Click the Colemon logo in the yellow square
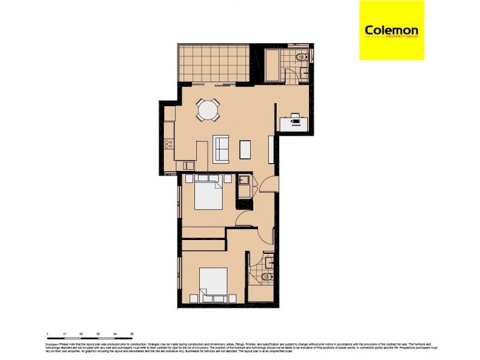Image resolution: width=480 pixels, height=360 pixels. tap(391, 30)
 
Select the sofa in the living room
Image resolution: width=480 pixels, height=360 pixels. tap(221, 149)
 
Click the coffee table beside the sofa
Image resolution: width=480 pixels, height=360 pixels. tap(245, 149)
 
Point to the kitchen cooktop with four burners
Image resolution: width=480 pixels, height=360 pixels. tap(169, 144)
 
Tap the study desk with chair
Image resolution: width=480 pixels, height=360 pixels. tap(295, 121)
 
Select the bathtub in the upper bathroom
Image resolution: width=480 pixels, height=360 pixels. tap(274, 67)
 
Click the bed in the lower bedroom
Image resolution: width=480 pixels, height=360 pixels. tap(213, 284)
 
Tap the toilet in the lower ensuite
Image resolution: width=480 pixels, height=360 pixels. tap(268, 277)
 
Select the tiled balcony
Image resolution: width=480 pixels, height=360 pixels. tap(212, 63)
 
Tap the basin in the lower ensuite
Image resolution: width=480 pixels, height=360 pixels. tap(269, 262)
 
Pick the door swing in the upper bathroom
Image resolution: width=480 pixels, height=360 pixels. tap(290, 76)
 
